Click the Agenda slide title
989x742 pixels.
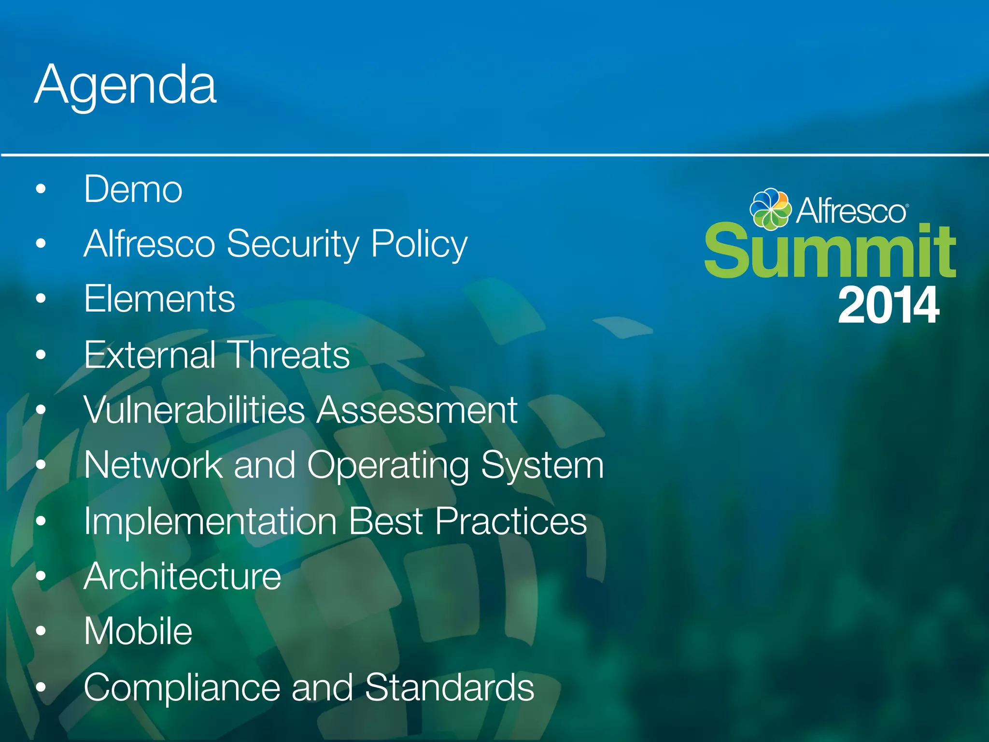point(126,86)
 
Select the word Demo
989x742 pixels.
point(133,189)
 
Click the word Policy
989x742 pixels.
point(419,244)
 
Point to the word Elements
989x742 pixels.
point(159,299)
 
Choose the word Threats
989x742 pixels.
point(288,355)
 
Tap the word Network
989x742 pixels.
point(153,465)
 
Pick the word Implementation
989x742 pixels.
point(210,521)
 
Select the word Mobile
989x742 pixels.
point(138,631)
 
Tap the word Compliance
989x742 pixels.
point(182,687)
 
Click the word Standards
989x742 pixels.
point(450,687)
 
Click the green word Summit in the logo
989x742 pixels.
point(830,251)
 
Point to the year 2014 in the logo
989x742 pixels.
point(889,305)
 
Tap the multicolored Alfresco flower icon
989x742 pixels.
point(770,208)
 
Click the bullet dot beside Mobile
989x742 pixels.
point(41,631)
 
